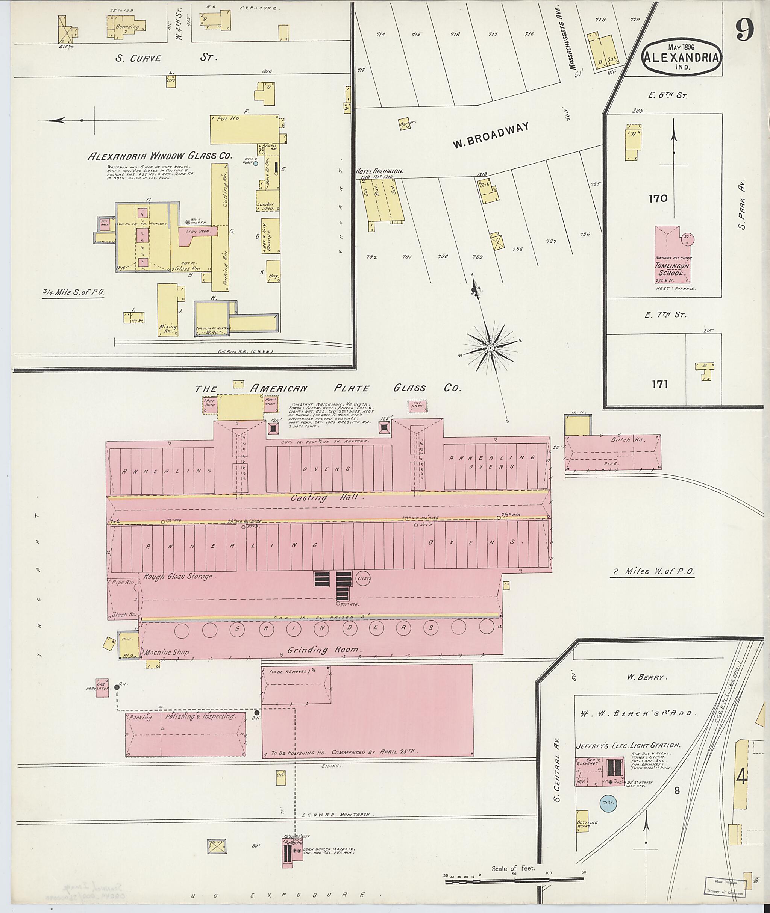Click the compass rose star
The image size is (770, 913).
[490, 348]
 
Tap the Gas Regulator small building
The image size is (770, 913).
[102, 688]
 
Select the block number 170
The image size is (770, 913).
[658, 198]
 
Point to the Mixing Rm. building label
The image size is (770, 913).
[168, 329]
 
